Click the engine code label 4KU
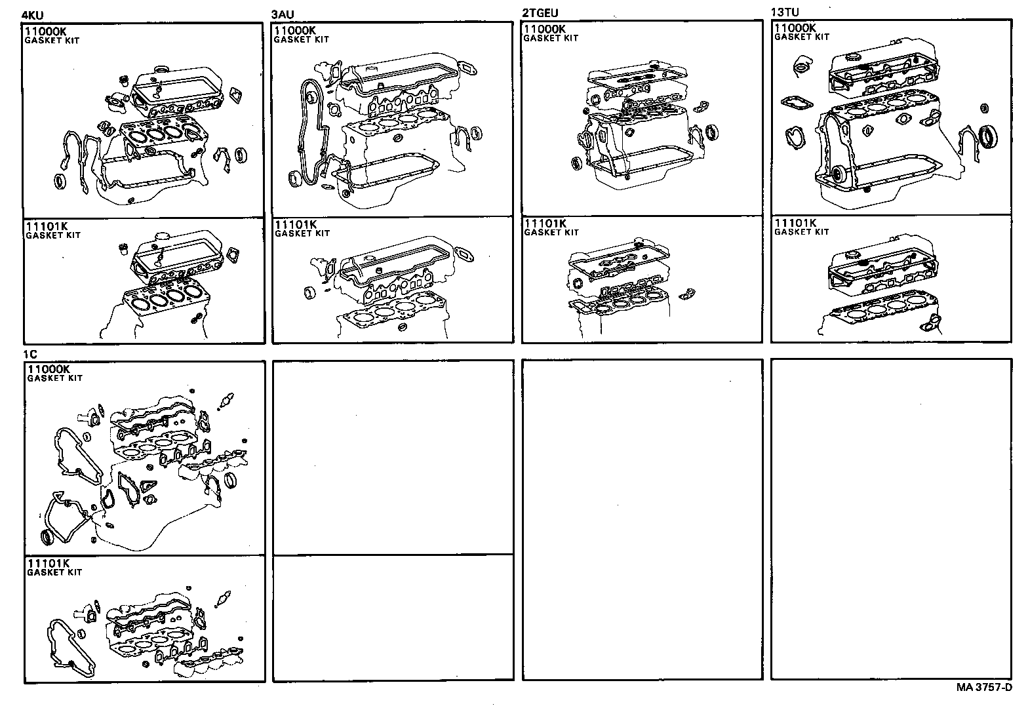[33, 16]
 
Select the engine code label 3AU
[283, 14]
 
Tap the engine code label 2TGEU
[540, 13]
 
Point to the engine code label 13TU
[785, 12]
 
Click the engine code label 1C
[30, 355]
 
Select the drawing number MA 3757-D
[983, 688]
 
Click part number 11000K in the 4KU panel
[46, 31]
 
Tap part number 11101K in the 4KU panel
[47, 227]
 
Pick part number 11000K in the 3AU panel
[296, 30]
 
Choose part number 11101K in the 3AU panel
[296, 225]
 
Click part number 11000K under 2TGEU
[544, 29]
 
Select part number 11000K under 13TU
[795, 28]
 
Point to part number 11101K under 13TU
[795, 223]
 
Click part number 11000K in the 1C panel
[48, 370]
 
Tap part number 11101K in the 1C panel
[48, 564]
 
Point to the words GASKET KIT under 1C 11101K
[54, 572]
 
